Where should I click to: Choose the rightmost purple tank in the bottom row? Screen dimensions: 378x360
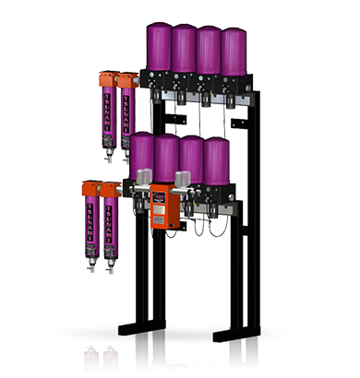pos(216,160)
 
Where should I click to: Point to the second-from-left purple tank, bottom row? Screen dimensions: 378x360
pos(167,159)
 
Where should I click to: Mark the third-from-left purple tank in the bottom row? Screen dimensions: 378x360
pos(192,159)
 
